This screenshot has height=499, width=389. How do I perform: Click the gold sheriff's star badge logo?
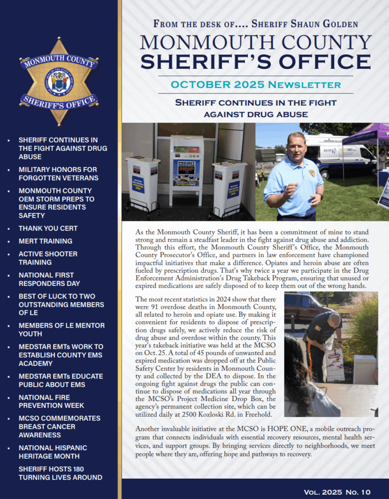tap(59, 81)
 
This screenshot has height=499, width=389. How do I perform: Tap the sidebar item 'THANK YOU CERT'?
tap(48, 228)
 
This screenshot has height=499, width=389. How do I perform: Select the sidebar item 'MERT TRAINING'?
tap(46, 241)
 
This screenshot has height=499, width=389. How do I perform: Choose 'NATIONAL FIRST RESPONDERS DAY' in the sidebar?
tap(49, 279)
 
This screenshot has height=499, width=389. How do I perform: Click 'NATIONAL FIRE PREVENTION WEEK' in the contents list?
tap(51, 401)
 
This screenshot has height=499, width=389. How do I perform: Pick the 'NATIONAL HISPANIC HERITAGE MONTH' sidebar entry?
tap(53, 452)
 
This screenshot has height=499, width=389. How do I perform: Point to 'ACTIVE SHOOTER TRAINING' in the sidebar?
tap(48, 258)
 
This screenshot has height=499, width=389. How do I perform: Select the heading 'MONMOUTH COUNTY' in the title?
tap(255, 43)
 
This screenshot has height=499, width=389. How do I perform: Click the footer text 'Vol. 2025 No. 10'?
tap(337, 492)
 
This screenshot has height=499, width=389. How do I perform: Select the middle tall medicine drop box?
tap(186, 165)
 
